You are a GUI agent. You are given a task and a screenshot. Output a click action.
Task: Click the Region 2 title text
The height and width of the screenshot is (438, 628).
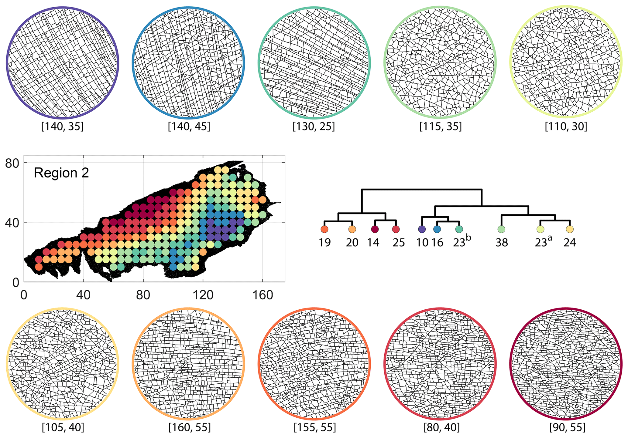pyautogui.click(x=61, y=173)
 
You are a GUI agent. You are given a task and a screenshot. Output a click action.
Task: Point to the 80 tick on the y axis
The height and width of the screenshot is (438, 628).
pyautogui.click(x=12, y=163)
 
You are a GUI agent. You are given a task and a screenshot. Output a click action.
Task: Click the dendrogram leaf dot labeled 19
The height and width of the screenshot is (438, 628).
pyautogui.click(x=324, y=229)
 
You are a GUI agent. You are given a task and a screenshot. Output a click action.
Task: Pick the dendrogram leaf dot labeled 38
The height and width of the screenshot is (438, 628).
pyautogui.click(x=501, y=229)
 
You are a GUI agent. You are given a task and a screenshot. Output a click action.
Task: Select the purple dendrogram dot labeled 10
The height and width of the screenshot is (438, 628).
pyautogui.click(x=422, y=229)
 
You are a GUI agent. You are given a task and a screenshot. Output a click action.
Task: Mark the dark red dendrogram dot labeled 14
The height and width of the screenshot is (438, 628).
pyautogui.click(x=375, y=229)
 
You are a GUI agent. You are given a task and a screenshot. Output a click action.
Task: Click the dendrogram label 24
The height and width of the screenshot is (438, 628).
pyautogui.click(x=570, y=243)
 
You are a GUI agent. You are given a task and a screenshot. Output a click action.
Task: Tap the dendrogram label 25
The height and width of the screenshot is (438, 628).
pyautogui.click(x=399, y=243)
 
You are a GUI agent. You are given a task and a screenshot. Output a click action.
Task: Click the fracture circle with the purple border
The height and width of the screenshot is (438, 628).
pyautogui.click(x=63, y=63)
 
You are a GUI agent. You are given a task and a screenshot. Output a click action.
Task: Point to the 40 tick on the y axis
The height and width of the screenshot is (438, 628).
pyautogui.click(x=12, y=223)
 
